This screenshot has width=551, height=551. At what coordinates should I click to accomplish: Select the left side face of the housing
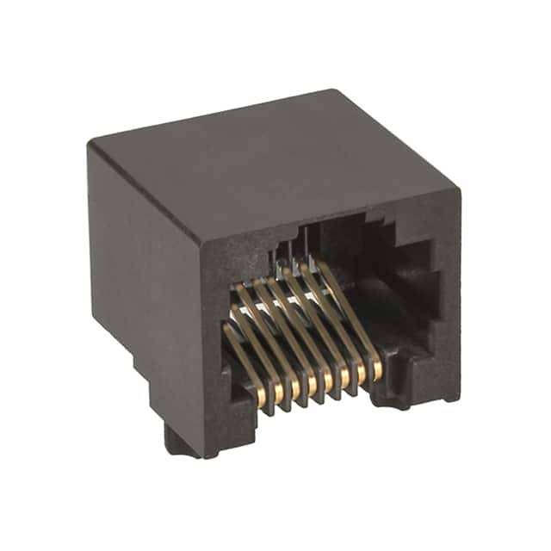pos(142,275)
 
